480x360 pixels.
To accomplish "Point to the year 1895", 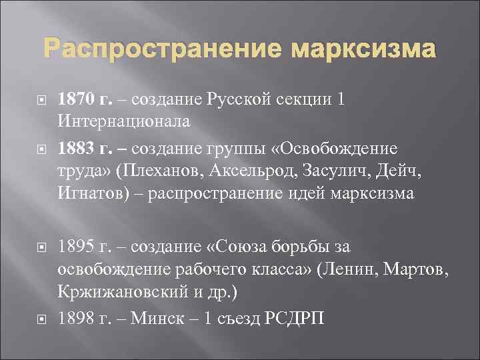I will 75,247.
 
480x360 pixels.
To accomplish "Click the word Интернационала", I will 124,122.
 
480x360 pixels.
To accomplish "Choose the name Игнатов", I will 90,193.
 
